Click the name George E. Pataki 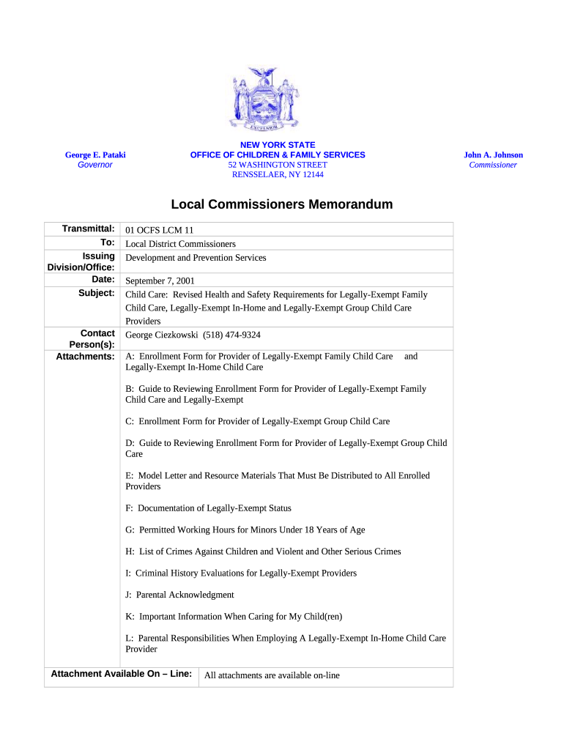[95, 155]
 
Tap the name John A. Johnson [493, 155]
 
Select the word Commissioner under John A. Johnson [493, 166]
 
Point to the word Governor [95, 166]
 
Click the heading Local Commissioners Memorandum [282, 204]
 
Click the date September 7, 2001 [160, 281]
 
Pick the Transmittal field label [89, 229]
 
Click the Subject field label [97, 293]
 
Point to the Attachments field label [86, 357]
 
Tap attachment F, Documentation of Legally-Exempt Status [209, 508]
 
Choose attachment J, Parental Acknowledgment [180, 595]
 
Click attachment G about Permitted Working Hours [245, 530]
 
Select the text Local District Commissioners [181, 244]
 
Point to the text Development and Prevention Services [196, 258]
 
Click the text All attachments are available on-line [272, 675]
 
